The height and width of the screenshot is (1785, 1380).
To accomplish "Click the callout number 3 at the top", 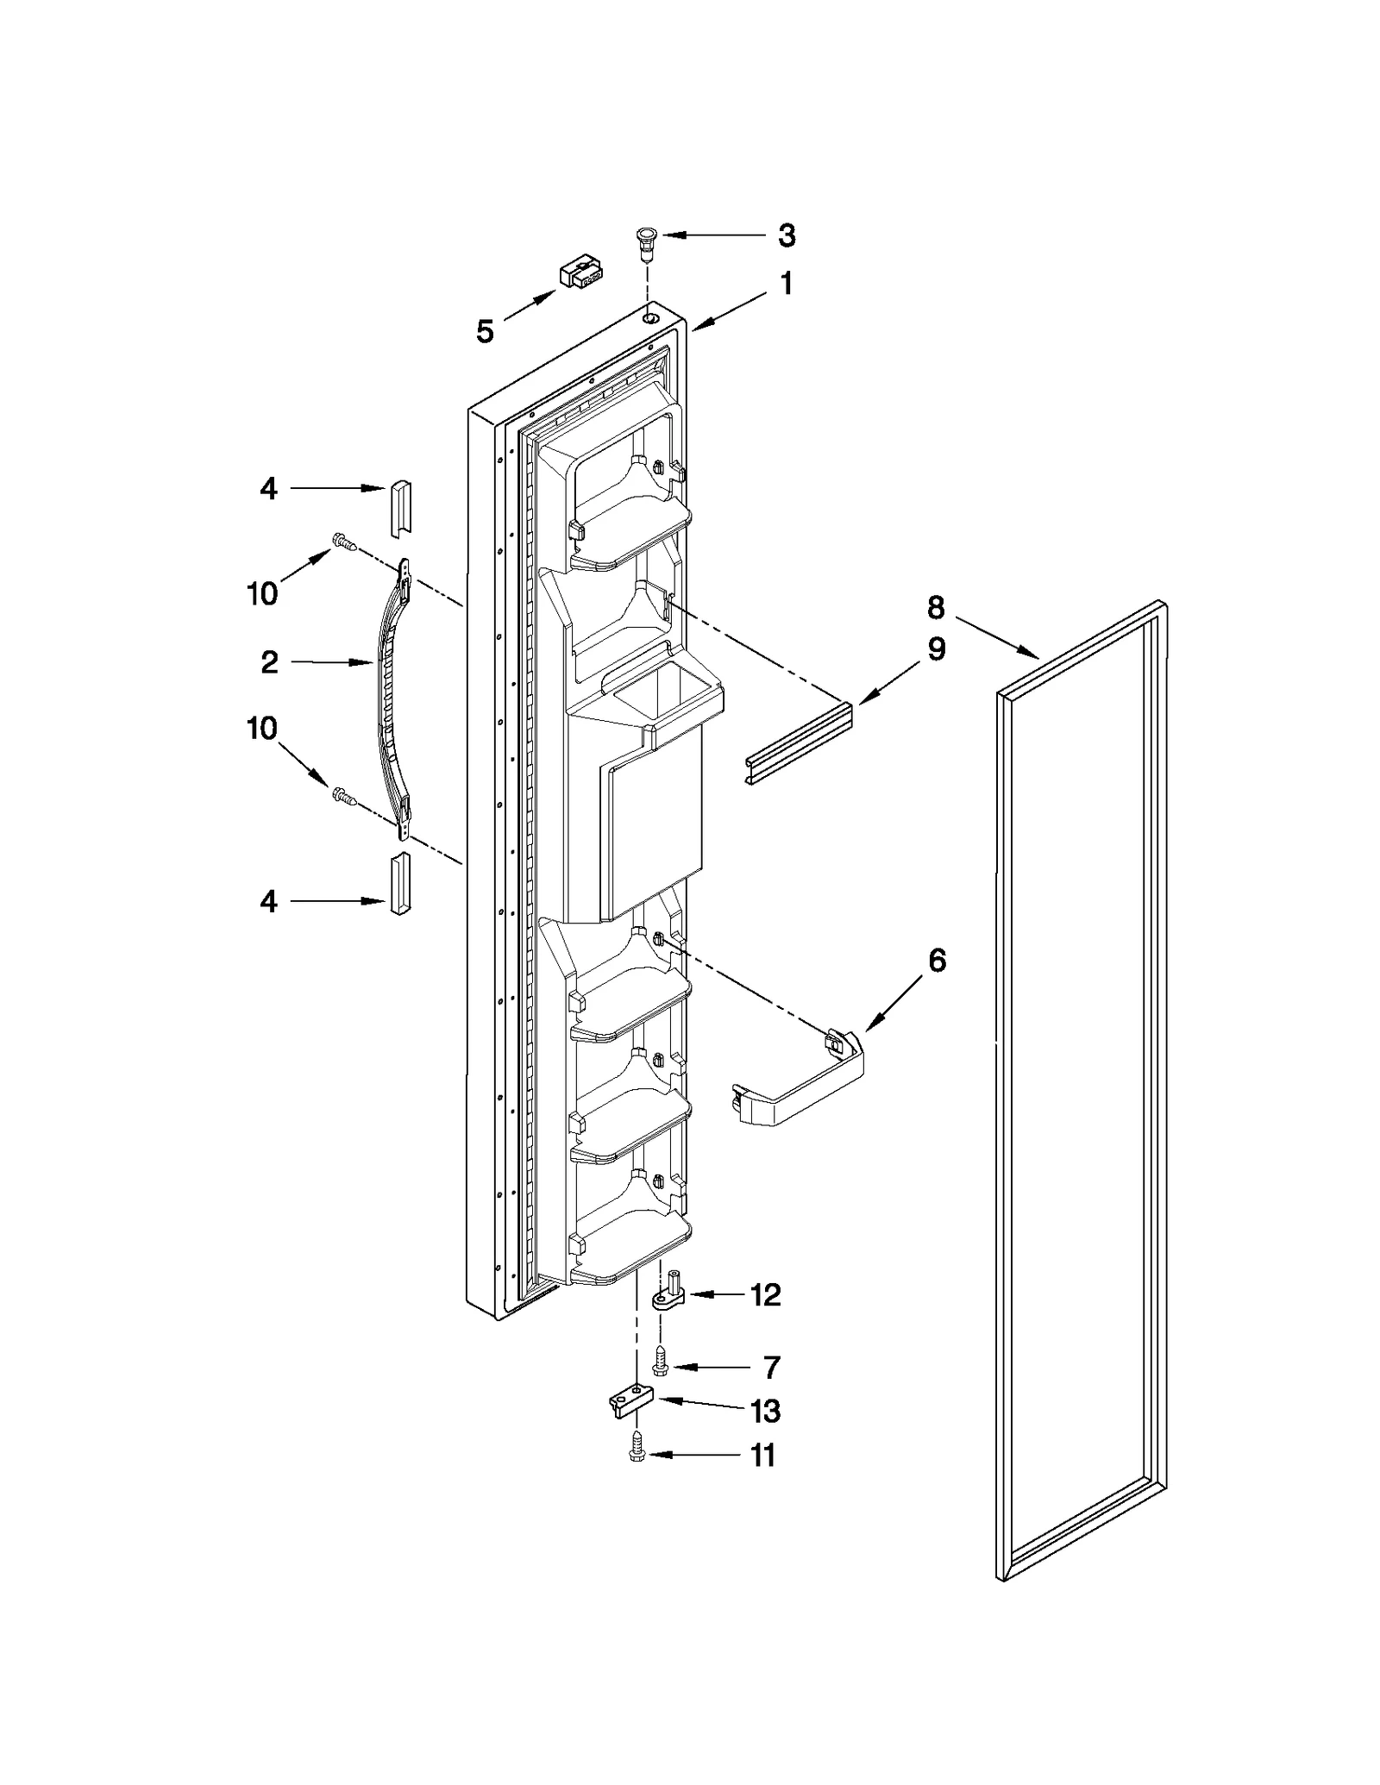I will [786, 235].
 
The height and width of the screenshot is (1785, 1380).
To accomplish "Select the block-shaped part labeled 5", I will [580, 272].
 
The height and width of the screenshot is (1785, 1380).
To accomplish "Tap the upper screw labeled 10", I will [343, 542].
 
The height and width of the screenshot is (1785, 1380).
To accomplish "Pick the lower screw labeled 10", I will [344, 795].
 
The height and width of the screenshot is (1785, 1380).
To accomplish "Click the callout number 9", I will [936, 648].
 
